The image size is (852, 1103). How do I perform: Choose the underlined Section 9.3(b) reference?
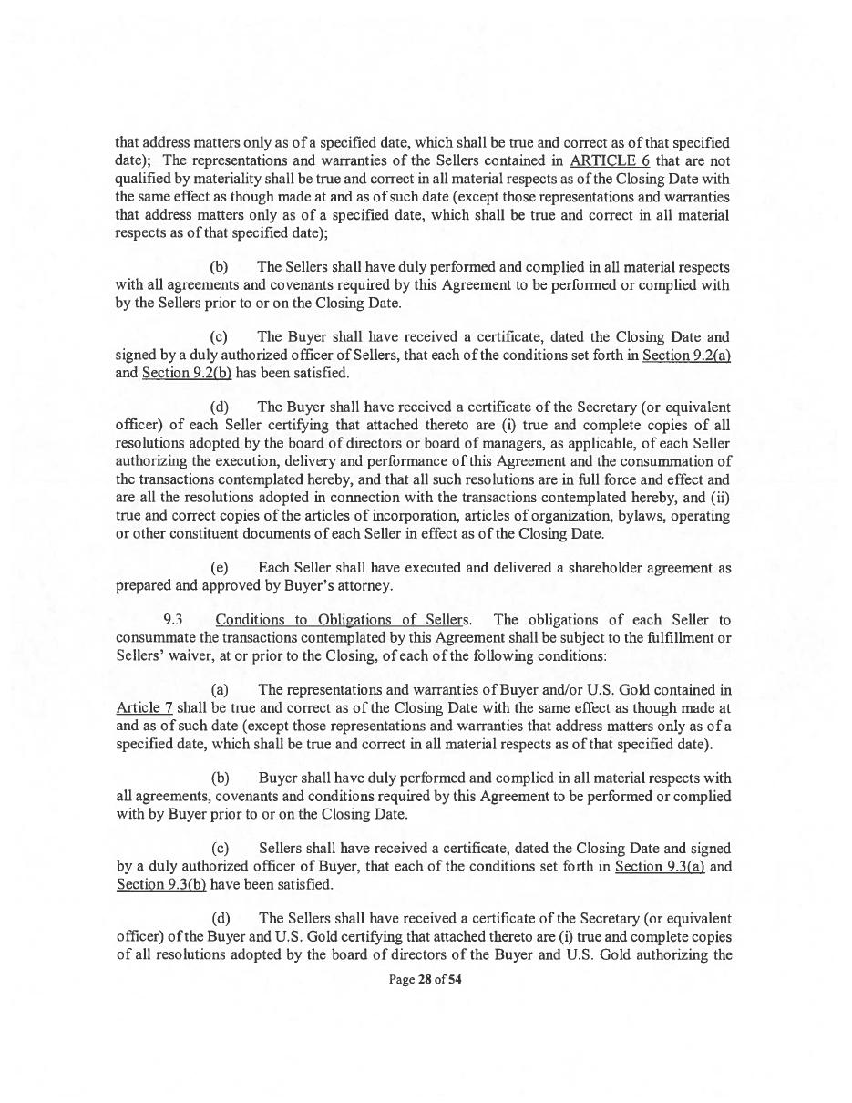tap(161, 884)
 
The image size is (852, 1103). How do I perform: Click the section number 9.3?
tap(173, 621)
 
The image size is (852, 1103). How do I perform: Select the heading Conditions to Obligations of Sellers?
tap(342, 621)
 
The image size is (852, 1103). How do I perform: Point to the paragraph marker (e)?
tap(220, 568)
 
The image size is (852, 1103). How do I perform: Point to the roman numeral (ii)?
tap(719, 497)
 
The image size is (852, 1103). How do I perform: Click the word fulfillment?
tap(669, 638)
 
